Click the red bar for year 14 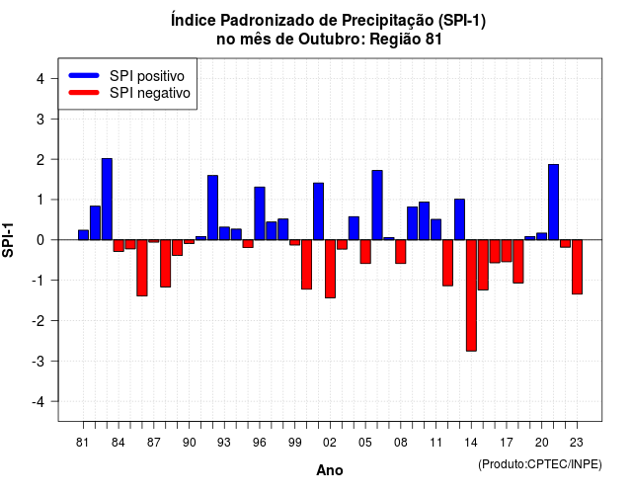471,295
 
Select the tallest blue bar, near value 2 107,200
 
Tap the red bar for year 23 577,267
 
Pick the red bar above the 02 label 330,269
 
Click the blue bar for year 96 260,213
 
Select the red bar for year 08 401,252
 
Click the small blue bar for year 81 83,235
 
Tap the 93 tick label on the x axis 224,443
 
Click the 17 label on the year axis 507,443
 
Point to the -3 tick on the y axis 39,362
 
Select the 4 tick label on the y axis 40,78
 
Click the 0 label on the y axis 40,240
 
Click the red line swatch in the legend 84,93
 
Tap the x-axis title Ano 330,470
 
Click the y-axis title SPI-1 8,240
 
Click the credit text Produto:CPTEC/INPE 540,464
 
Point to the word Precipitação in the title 388,20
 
